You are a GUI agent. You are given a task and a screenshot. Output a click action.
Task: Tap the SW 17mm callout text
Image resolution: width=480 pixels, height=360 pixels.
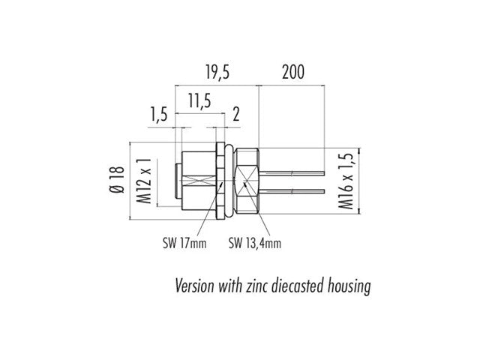coord(184,242)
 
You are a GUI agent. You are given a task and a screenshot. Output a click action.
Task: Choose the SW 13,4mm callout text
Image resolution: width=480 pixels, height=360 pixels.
coord(254,242)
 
